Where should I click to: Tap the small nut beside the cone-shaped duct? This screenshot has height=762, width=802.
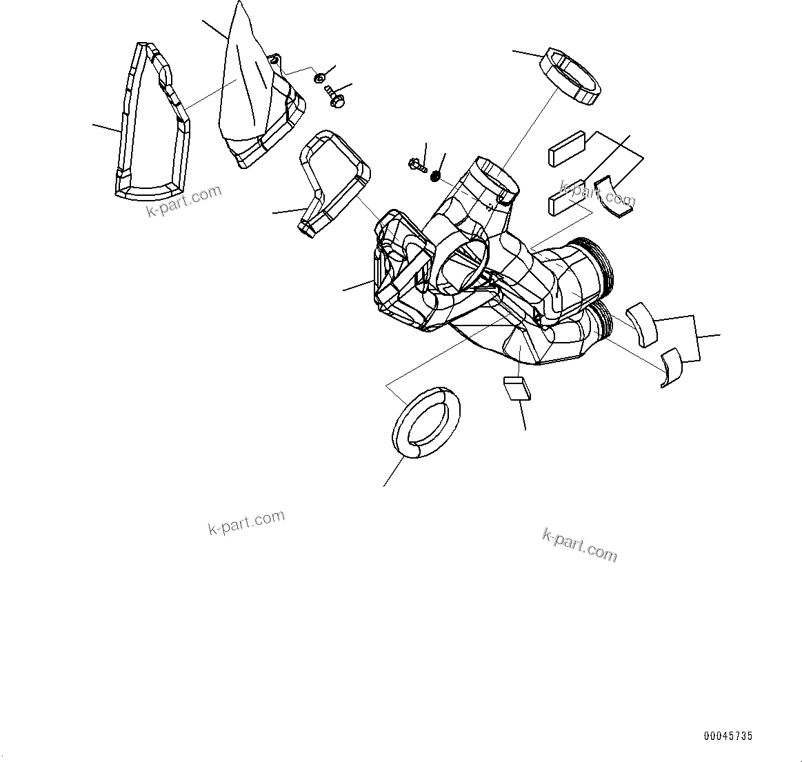coord(320,78)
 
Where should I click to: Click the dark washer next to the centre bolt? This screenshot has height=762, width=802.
coord(436,177)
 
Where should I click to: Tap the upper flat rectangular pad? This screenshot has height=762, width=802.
coord(567,149)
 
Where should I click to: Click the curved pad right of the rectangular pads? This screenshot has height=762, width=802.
coord(614,197)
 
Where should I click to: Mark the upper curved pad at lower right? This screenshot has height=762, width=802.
coord(642,323)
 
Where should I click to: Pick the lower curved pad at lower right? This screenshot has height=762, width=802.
coord(671,366)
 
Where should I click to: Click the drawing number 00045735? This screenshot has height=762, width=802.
coord(728,736)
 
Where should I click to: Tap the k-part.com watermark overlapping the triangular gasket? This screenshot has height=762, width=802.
coord(184,200)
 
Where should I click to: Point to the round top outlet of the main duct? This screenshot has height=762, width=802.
coord(495,177)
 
